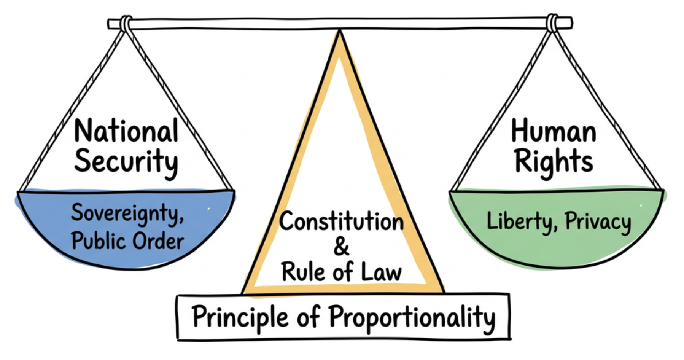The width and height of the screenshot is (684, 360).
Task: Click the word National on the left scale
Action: coord(126,131)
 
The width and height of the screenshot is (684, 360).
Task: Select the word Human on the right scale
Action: coord(554,131)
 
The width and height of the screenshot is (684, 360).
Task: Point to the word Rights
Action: coord(554,161)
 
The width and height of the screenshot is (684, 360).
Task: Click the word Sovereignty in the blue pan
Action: coord(127,213)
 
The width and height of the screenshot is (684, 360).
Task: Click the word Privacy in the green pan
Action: coord(598,222)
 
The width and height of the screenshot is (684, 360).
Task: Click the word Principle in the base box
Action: coord(240,317)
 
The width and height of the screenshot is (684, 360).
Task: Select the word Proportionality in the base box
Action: coord(412,317)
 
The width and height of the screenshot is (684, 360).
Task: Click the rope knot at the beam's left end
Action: coord(126,24)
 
